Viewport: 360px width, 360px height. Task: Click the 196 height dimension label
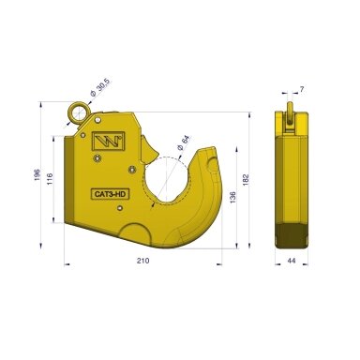pyautogui.click(x=37, y=175)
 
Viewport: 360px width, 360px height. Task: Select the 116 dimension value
pyautogui.click(x=50, y=179)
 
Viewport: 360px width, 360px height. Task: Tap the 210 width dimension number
pyautogui.click(x=142, y=261)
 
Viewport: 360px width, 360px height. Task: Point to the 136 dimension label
pyautogui.click(x=232, y=198)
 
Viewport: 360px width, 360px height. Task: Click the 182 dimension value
pyautogui.click(x=246, y=180)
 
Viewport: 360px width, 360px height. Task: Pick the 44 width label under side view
pyautogui.click(x=292, y=261)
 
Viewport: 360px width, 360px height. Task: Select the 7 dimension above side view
pyautogui.click(x=302, y=89)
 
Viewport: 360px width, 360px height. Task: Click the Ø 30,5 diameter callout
pyautogui.click(x=99, y=88)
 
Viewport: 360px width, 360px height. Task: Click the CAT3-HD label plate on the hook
pyautogui.click(x=110, y=194)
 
